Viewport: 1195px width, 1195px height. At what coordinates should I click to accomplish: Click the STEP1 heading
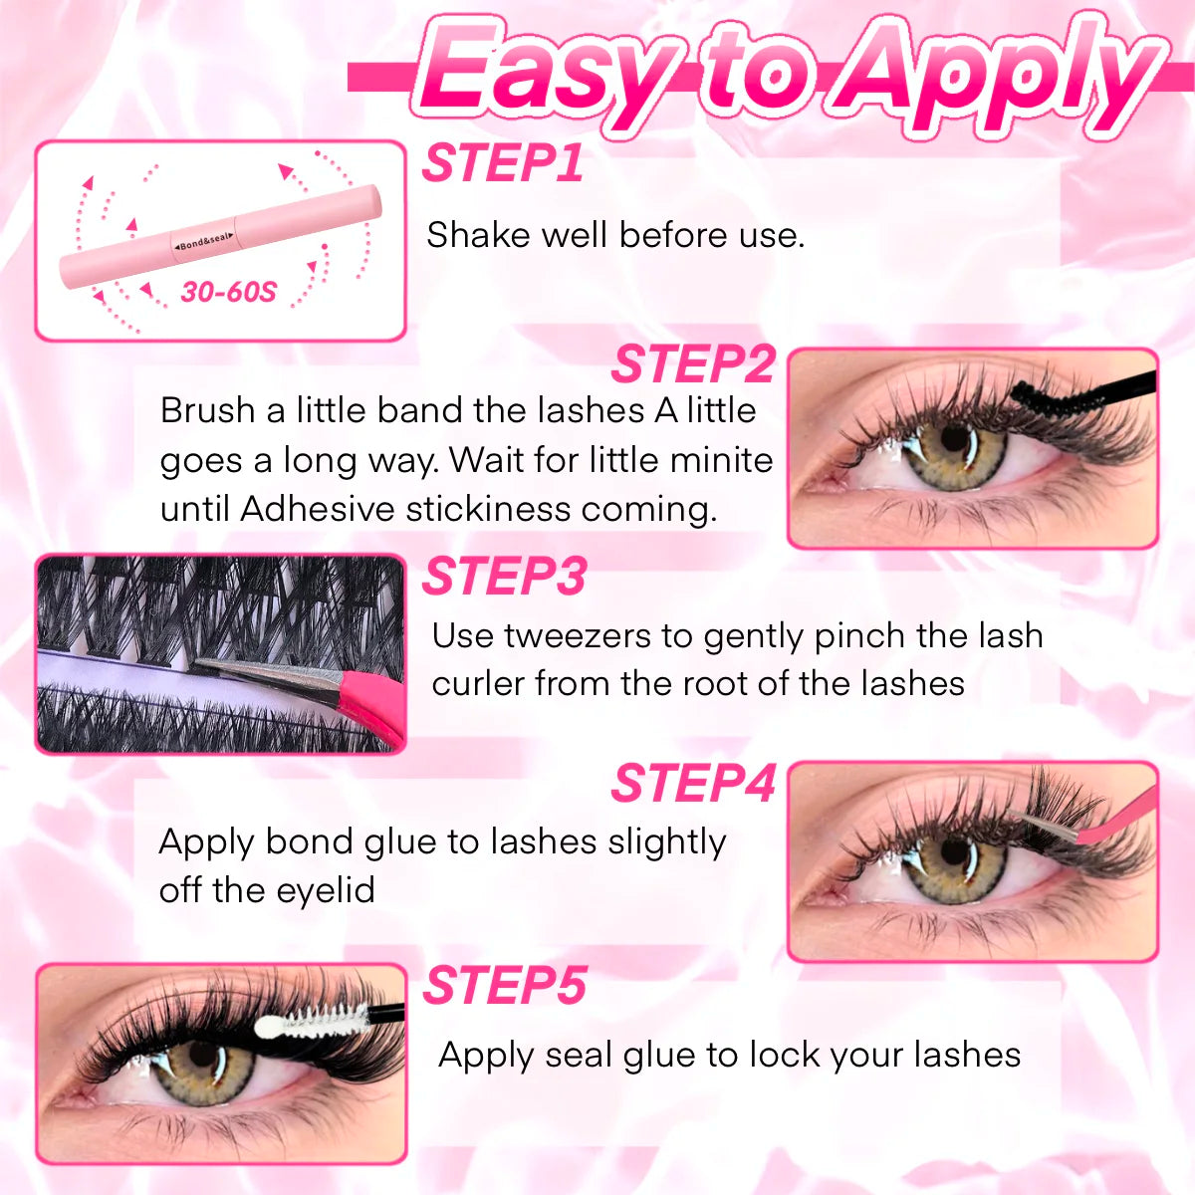coord(502,164)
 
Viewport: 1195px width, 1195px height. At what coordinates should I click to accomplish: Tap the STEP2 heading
coord(692,364)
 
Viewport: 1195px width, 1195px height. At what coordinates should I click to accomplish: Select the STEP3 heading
coord(504,577)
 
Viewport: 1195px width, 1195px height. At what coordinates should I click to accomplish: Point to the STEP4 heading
coord(692,784)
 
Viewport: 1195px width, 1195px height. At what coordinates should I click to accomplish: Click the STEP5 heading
coord(504,987)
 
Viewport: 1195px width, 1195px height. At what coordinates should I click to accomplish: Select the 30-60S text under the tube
coord(228,293)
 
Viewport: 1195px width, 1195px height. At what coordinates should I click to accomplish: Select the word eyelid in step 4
coord(326,889)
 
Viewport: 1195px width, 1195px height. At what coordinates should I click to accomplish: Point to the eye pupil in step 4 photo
coord(953,854)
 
